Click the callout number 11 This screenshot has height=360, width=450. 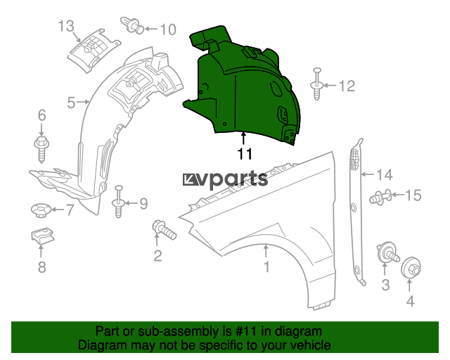[x=245, y=154]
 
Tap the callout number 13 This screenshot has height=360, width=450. [x=66, y=26]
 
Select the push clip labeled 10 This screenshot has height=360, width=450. [x=132, y=25]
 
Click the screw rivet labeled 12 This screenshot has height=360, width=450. [x=316, y=84]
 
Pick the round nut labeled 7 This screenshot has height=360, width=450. [x=41, y=210]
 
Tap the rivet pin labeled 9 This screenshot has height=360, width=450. [x=119, y=202]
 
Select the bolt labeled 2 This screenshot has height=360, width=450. [x=164, y=230]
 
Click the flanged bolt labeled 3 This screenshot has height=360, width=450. [x=387, y=252]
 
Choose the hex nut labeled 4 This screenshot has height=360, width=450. [x=411, y=268]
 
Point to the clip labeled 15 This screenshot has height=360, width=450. [x=380, y=198]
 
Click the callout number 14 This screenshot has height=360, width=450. [x=385, y=175]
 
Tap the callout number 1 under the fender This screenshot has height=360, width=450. [x=266, y=266]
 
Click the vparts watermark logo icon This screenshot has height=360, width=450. [x=190, y=179]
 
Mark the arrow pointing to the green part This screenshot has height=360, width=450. [x=243, y=138]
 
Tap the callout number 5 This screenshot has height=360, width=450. [x=71, y=103]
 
